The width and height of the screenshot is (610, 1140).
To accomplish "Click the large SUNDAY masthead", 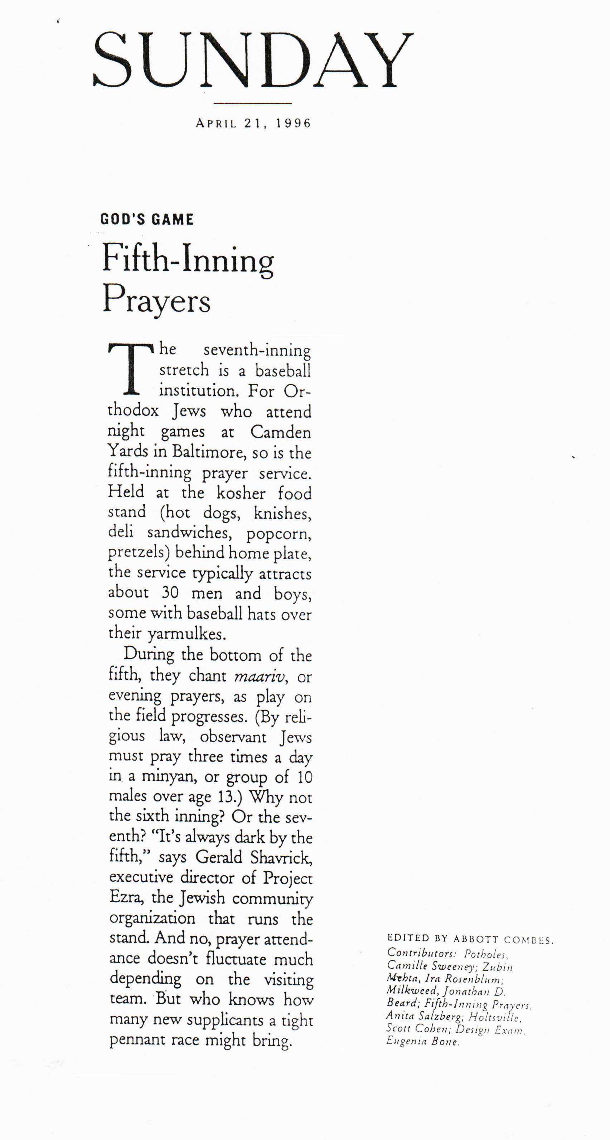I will point(252,60).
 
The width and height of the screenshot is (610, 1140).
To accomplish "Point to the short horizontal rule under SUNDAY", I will point(252,103).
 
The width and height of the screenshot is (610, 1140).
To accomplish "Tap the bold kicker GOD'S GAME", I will point(147,220).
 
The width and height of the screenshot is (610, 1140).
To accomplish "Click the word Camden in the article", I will point(280,432).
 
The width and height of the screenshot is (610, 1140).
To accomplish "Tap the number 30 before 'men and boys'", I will point(169,593).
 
